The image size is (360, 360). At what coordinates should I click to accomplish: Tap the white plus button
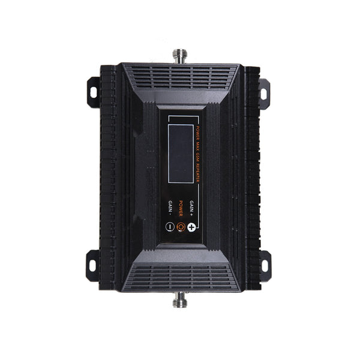(x=192, y=227)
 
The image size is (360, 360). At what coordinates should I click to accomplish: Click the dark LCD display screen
(x=180, y=153)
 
